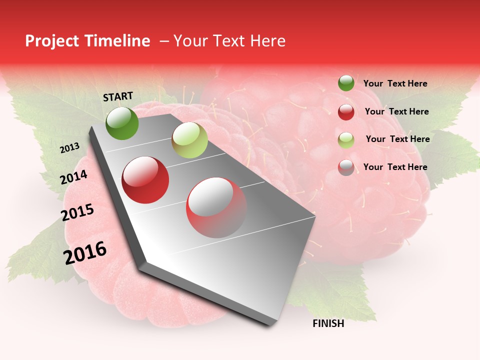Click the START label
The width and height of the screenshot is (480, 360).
pyautogui.click(x=118, y=96)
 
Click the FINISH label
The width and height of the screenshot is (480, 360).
pyautogui.click(x=328, y=323)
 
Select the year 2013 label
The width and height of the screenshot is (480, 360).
pyautogui.click(x=69, y=148)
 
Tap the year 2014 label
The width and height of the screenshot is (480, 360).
pyautogui.click(x=73, y=177)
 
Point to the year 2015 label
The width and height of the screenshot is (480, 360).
pyautogui.click(x=77, y=212)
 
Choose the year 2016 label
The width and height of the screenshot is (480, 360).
pyautogui.click(x=85, y=252)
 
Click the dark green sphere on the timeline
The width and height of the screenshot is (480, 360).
pyautogui.click(x=122, y=123)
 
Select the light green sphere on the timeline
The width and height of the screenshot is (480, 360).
pyautogui.click(x=189, y=140)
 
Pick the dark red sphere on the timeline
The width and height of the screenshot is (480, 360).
pyautogui.click(x=145, y=180)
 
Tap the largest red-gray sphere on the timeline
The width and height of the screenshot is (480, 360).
pyautogui.click(x=216, y=207)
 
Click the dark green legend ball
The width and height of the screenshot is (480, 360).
pyautogui.click(x=346, y=83)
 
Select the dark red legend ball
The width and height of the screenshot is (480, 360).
pyautogui.click(x=346, y=112)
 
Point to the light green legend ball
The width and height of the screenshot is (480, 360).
pyautogui.click(x=346, y=140)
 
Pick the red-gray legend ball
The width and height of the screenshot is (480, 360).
pyautogui.click(x=346, y=167)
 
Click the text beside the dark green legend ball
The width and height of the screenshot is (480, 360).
pyautogui.click(x=395, y=83)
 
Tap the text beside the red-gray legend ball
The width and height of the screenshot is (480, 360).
pyautogui.click(x=395, y=167)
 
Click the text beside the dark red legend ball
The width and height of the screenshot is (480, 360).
pyautogui.click(x=396, y=111)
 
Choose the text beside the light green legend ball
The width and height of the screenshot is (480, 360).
pyautogui.click(x=397, y=139)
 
